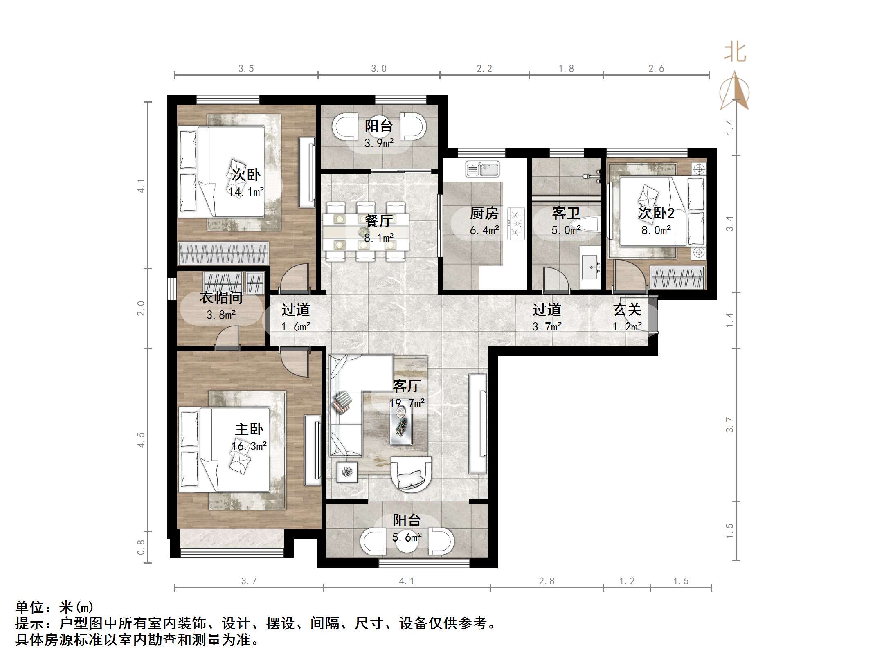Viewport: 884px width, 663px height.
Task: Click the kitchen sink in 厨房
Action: click(483, 169)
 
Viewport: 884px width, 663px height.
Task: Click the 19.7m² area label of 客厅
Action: click(407, 403)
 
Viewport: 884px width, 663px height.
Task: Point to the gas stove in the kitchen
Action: click(516, 224)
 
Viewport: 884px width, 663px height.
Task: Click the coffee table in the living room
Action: click(401, 425)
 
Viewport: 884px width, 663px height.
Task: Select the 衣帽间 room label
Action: click(221, 298)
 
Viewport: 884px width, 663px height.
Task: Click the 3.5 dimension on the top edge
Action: click(246, 69)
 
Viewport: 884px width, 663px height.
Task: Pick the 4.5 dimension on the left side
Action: click(141, 440)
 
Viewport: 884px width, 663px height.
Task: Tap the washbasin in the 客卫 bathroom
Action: click(590, 267)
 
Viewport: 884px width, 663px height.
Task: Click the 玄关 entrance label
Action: click(627, 310)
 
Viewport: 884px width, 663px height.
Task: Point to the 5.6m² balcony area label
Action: click(407, 537)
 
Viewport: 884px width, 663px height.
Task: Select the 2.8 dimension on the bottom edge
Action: click(547, 581)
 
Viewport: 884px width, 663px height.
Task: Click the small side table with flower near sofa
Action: click(347, 472)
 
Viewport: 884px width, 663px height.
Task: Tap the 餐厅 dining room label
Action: click(379, 221)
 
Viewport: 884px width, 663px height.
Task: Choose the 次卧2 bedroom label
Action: click(656, 213)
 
